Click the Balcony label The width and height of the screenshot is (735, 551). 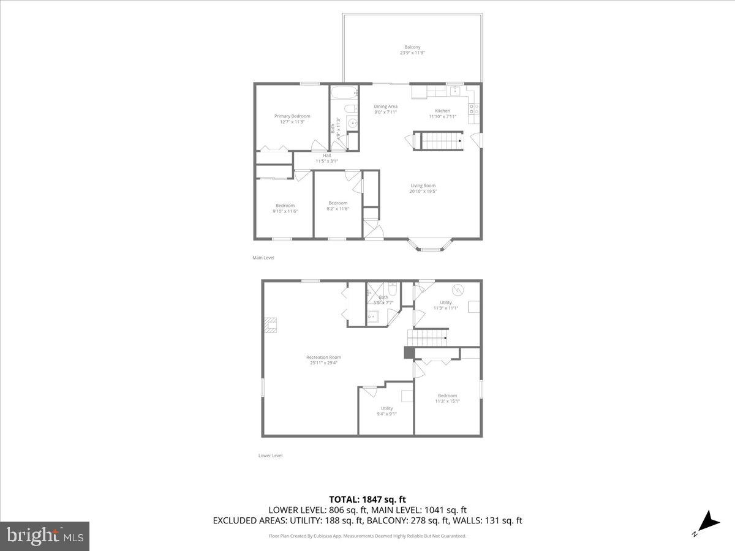(412, 50)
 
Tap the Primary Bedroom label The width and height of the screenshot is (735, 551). (292, 119)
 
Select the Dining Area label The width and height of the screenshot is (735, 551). (386, 109)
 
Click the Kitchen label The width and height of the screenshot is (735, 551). (442, 113)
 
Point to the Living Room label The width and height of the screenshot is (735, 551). (423, 188)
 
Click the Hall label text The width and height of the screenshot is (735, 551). (326, 158)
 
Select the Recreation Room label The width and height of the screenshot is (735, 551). (323, 360)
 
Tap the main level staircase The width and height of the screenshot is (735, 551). (440, 141)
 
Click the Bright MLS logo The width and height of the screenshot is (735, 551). (45, 536)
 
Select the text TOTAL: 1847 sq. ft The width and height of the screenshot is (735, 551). (367, 499)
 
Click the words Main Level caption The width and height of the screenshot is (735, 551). (263, 258)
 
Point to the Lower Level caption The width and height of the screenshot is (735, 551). (270, 455)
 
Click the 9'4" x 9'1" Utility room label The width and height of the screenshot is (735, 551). (387, 411)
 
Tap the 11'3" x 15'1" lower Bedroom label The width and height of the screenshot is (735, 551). (447, 399)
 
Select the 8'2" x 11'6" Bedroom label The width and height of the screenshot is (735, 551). (337, 206)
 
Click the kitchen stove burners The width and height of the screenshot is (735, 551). (473, 109)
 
